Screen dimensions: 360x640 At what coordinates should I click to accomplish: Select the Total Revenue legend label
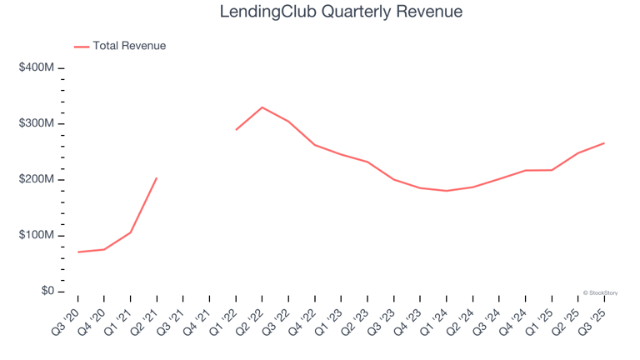click(x=129, y=46)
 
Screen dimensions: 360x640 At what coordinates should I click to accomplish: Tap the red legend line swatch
click(x=82, y=47)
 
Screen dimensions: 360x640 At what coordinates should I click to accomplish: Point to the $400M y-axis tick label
click(x=36, y=67)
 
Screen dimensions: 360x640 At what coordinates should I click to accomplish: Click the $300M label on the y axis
click(x=36, y=123)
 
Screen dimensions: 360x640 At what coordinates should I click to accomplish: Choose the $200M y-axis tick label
click(x=36, y=180)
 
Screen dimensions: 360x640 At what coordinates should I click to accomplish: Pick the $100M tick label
click(x=36, y=236)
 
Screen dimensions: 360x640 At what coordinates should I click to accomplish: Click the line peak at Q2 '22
click(x=262, y=107)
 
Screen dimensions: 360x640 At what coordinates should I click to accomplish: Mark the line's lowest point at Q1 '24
click(x=447, y=191)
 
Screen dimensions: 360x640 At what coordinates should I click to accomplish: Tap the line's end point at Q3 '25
click(x=604, y=143)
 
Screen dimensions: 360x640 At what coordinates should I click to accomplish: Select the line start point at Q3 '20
click(x=77, y=252)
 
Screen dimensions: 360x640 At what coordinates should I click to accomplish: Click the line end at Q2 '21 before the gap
click(x=157, y=177)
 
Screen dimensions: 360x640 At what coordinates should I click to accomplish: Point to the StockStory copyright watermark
click(x=600, y=292)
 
